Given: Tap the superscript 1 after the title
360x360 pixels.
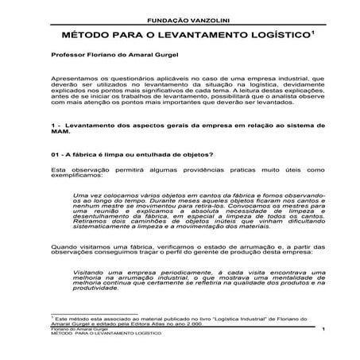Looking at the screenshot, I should pyautogui.click(x=313, y=33).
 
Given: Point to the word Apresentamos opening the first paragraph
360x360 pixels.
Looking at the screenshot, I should pyautogui.click(x=77, y=81).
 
